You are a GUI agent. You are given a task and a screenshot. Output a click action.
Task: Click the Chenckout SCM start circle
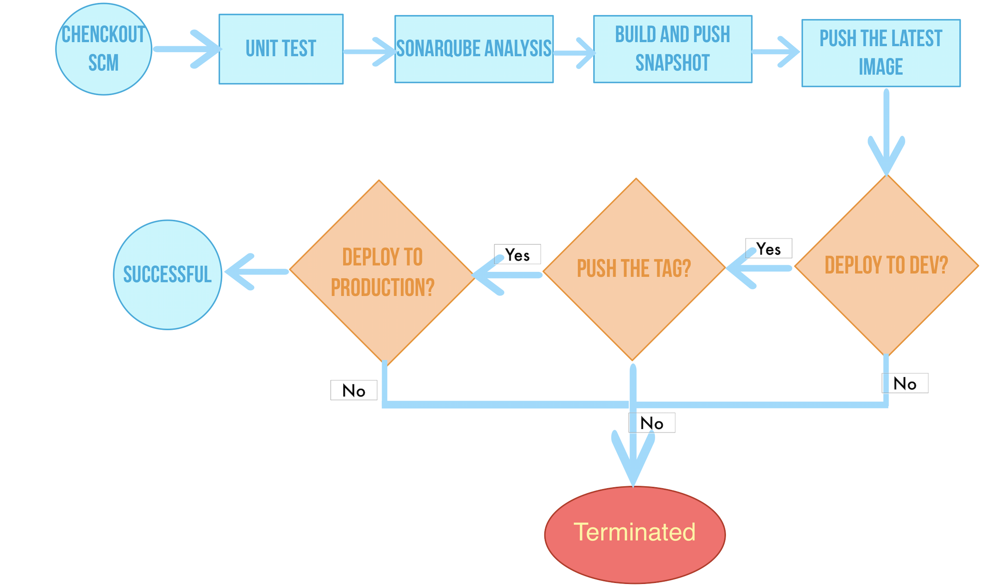pos(103,49)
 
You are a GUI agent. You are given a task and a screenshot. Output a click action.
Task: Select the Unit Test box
pos(281,49)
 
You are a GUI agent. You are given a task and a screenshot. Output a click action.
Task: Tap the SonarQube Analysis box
pos(473,49)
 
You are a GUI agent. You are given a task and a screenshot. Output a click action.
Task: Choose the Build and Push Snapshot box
pos(672,49)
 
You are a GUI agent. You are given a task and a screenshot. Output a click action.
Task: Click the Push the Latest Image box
pos(881,53)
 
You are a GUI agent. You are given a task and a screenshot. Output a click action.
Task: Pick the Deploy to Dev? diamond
pos(886,265)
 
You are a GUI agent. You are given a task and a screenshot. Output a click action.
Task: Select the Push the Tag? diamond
pos(634,269)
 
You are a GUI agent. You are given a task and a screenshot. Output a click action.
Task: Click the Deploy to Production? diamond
pos(382,272)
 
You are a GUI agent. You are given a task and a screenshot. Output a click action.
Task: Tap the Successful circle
pos(167,275)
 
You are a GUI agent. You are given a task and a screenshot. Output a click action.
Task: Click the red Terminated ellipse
pos(634,534)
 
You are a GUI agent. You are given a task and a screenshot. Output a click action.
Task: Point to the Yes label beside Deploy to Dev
pos(768,248)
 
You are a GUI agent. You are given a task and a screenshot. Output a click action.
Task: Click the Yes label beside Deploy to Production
pos(517,254)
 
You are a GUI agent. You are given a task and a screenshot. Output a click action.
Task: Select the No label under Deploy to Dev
pos(904,383)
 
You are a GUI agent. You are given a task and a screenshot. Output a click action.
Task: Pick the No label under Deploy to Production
pos(354,390)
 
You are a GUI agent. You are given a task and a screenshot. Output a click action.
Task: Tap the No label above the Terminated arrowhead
pos(652,423)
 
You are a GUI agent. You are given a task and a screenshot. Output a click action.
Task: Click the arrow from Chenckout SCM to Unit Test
pos(187,49)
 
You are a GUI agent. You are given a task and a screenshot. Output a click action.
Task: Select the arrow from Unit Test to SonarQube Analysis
pos(369,52)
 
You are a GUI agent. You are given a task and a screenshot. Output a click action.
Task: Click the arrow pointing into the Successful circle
pos(256,271)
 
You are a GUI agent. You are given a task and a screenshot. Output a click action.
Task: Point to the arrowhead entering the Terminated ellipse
pos(633,464)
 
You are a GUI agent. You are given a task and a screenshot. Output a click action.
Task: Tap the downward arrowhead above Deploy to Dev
pos(886,155)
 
